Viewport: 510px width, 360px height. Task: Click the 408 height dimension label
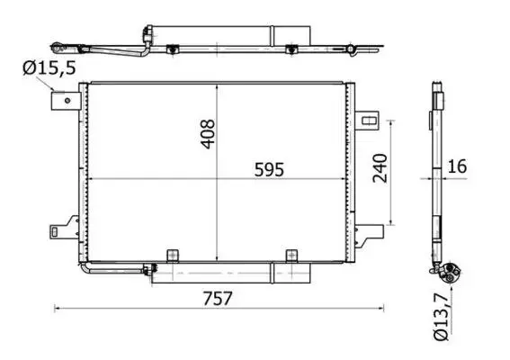[x=208, y=134]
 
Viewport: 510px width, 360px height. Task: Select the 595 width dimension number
[x=269, y=169]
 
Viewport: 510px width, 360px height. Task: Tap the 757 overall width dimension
[x=218, y=298]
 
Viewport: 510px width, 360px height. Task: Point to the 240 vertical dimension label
[x=380, y=168]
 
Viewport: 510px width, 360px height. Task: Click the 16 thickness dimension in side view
[x=457, y=166]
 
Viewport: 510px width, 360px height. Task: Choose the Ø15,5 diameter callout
[x=49, y=68]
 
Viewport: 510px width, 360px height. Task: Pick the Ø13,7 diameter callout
[x=442, y=316]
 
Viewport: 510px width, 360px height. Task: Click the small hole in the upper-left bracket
[x=67, y=101]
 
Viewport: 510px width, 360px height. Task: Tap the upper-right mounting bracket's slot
[x=369, y=121]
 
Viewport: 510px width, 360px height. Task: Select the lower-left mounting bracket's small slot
[x=55, y=232]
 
